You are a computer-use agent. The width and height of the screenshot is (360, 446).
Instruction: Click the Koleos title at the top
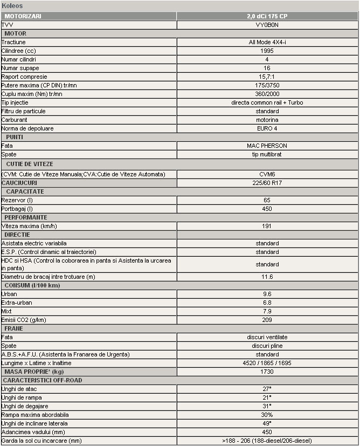(x=12, y=5)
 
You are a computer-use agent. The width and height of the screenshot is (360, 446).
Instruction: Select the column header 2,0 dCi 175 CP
(x=267, y=16)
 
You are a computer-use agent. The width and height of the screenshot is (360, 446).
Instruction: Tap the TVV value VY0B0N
(x=267, y=25)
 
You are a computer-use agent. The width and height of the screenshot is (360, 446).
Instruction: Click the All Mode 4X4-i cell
(x=267, y=42)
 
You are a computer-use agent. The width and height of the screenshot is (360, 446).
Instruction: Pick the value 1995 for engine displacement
(x=267, y=51)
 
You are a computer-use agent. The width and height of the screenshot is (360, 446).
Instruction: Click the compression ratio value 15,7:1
(x=267, y=77)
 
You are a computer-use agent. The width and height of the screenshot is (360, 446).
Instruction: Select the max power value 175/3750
(x=267, y=85)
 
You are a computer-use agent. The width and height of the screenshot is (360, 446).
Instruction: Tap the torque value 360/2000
(x=267, y=94)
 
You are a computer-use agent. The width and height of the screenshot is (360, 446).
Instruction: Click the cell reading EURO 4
(x=267, y=128)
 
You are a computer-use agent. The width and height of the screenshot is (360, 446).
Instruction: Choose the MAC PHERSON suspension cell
(x=267, y=146)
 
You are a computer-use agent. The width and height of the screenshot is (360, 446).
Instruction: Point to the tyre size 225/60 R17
(x=267, y=183)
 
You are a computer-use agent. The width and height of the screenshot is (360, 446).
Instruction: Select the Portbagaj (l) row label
(x=18, y=209)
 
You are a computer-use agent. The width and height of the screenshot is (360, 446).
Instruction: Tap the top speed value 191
(x=267, y=226)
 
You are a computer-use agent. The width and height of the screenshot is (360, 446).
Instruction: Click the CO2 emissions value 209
(x=267, y=320)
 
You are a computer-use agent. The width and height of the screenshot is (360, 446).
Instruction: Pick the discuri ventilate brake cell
(x=267, y=337)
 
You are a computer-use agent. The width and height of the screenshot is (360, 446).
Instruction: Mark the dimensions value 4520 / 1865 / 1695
(x=267, y=363)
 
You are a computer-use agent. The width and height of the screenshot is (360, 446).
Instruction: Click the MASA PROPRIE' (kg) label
(x=34, y=372)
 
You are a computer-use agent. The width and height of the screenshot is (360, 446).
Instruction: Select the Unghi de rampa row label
(x=22, y=397)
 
